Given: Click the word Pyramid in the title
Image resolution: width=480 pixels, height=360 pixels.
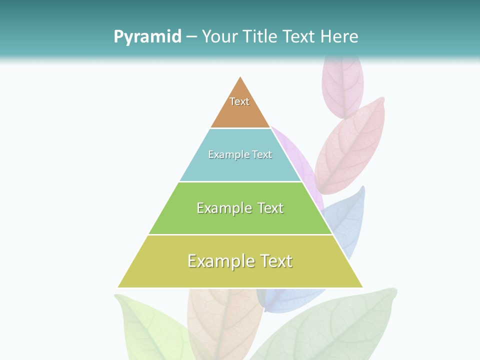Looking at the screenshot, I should click(x=147, y=36).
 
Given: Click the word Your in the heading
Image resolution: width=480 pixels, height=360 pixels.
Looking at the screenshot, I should click(x=219, y=36).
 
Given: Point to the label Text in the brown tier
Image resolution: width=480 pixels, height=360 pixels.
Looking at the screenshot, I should click(x=239, y=101).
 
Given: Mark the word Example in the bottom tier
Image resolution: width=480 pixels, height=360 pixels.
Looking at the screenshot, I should click(x=214, y=261).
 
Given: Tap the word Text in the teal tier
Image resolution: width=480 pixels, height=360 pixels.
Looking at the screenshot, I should click(x=262, y=154).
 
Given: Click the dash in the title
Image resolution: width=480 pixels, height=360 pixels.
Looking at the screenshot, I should click(x=191, y=36).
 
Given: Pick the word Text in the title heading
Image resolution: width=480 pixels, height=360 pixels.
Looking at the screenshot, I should click(x=298, y=36).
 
